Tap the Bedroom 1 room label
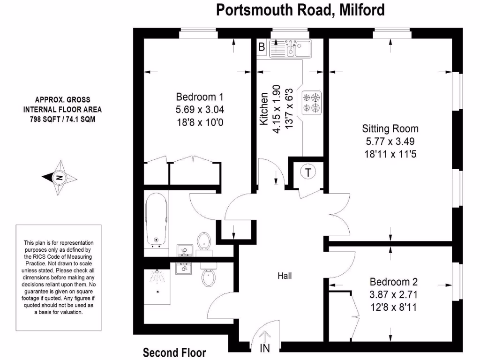[199, 97]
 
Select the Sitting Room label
[390, 128]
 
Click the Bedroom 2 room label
[393, 282]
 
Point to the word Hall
[284, 276]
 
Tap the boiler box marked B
[262, 46]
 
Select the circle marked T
[308, 172]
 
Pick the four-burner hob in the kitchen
[312, 103]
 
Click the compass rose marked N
[60, 178]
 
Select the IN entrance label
[265, 348]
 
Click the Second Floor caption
[174, 352]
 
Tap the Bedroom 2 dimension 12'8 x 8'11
[393, 307]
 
